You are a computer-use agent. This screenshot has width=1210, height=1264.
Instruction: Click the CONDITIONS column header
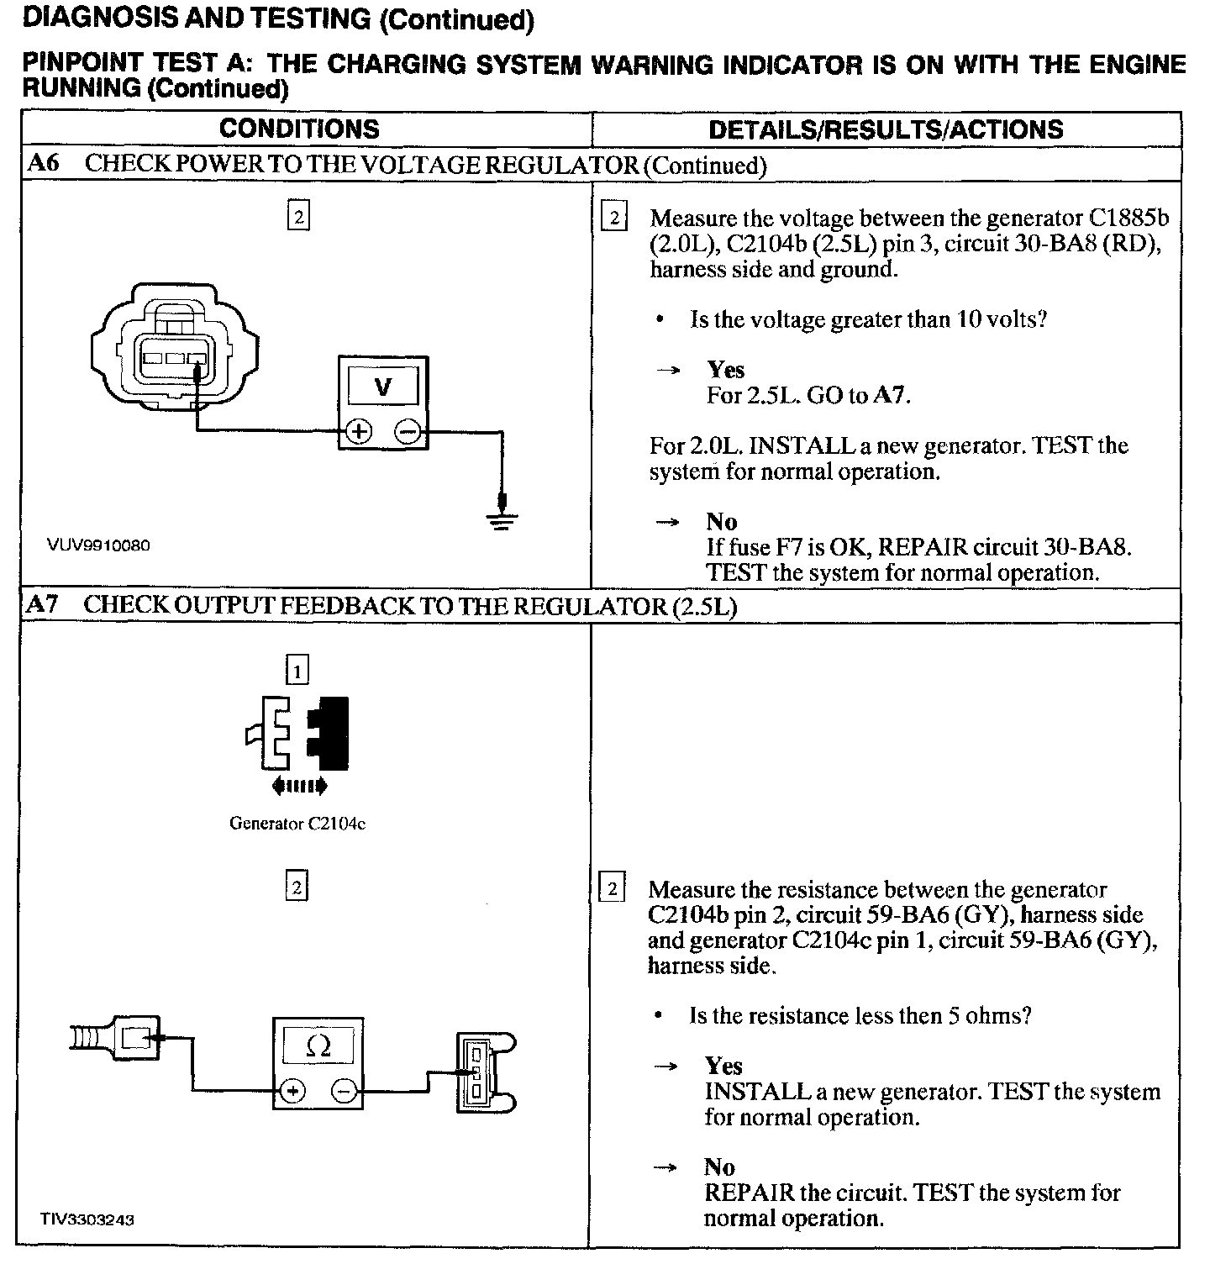pyautogui.click(x=299, y=129)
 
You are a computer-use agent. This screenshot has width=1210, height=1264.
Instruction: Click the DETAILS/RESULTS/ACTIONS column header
pyautogui.click(x=886, y=129)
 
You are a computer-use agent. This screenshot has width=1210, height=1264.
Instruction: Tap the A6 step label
pyautogui.click(x=43, y=163)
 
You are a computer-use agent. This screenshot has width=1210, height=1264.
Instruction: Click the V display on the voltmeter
pyautogui.click(x=383, y=387)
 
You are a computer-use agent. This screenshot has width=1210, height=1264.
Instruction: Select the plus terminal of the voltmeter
pyautogui.click(x=359, y=432)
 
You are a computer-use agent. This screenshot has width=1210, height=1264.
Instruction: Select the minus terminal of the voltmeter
pyautogui.click(x=408, y=432)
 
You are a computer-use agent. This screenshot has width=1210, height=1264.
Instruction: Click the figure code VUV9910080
pyautogui.click(x=99, y=545)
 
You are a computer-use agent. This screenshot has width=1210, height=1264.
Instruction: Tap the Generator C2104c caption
pyautogui.click(x=297, y=824)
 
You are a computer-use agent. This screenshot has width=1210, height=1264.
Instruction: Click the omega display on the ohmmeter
pyautogui.click(x=318, y=1046)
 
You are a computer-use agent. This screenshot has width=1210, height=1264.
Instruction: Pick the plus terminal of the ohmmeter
pyautogui.click(x=292, y=1091)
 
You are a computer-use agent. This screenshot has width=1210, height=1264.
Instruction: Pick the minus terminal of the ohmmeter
pyautogui.click(x=345, y=1091)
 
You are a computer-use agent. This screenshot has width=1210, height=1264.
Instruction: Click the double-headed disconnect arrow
pyautogui.click(x=299, y=787)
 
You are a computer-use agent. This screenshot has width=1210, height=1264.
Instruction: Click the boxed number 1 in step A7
pyautogui.click(x=297, y=670)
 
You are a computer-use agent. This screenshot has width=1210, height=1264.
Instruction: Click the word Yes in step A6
pyautogui.click(x=725, y=370)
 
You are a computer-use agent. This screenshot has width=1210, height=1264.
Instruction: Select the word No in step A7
pyautogui.click(x=719, y=1167)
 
